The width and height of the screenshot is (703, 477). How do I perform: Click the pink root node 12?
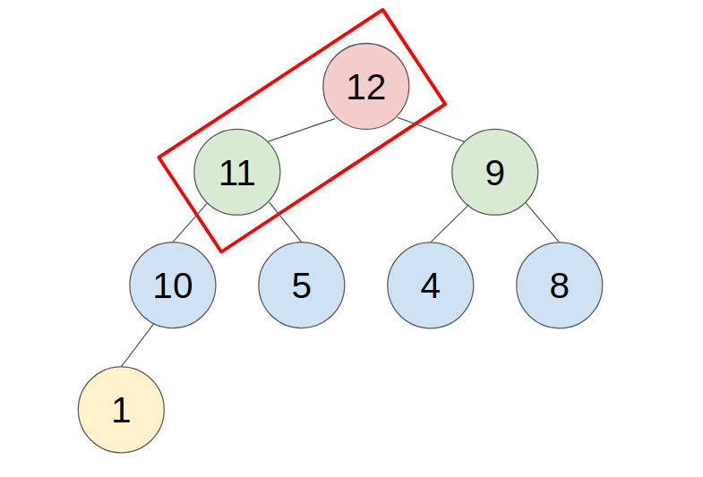coord(365,87)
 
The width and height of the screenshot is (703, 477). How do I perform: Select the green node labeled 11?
coord(237,173)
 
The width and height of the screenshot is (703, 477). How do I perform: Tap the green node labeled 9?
coord(494,173)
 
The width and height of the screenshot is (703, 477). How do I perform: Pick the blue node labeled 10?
coord(173,285)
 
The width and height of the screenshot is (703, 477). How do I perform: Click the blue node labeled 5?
coord(302,285)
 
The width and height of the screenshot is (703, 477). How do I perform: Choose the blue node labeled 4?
coord(430,285)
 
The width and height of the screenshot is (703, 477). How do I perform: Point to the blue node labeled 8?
coord(559,285)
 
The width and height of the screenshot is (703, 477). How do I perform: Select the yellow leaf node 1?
coord(121,410)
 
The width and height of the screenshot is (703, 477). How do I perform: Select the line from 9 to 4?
coord(450,223)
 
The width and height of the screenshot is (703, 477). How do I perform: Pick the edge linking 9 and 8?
coord(541,223)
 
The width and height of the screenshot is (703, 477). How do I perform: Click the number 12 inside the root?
coord(365,88)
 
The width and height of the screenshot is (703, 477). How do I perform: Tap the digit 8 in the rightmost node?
coord(559,286)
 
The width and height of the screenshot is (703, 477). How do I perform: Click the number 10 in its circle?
coord(173,286)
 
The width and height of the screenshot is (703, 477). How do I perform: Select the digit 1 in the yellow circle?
coord(121,411)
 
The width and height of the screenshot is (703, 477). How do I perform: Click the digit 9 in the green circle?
coord(494,174)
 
